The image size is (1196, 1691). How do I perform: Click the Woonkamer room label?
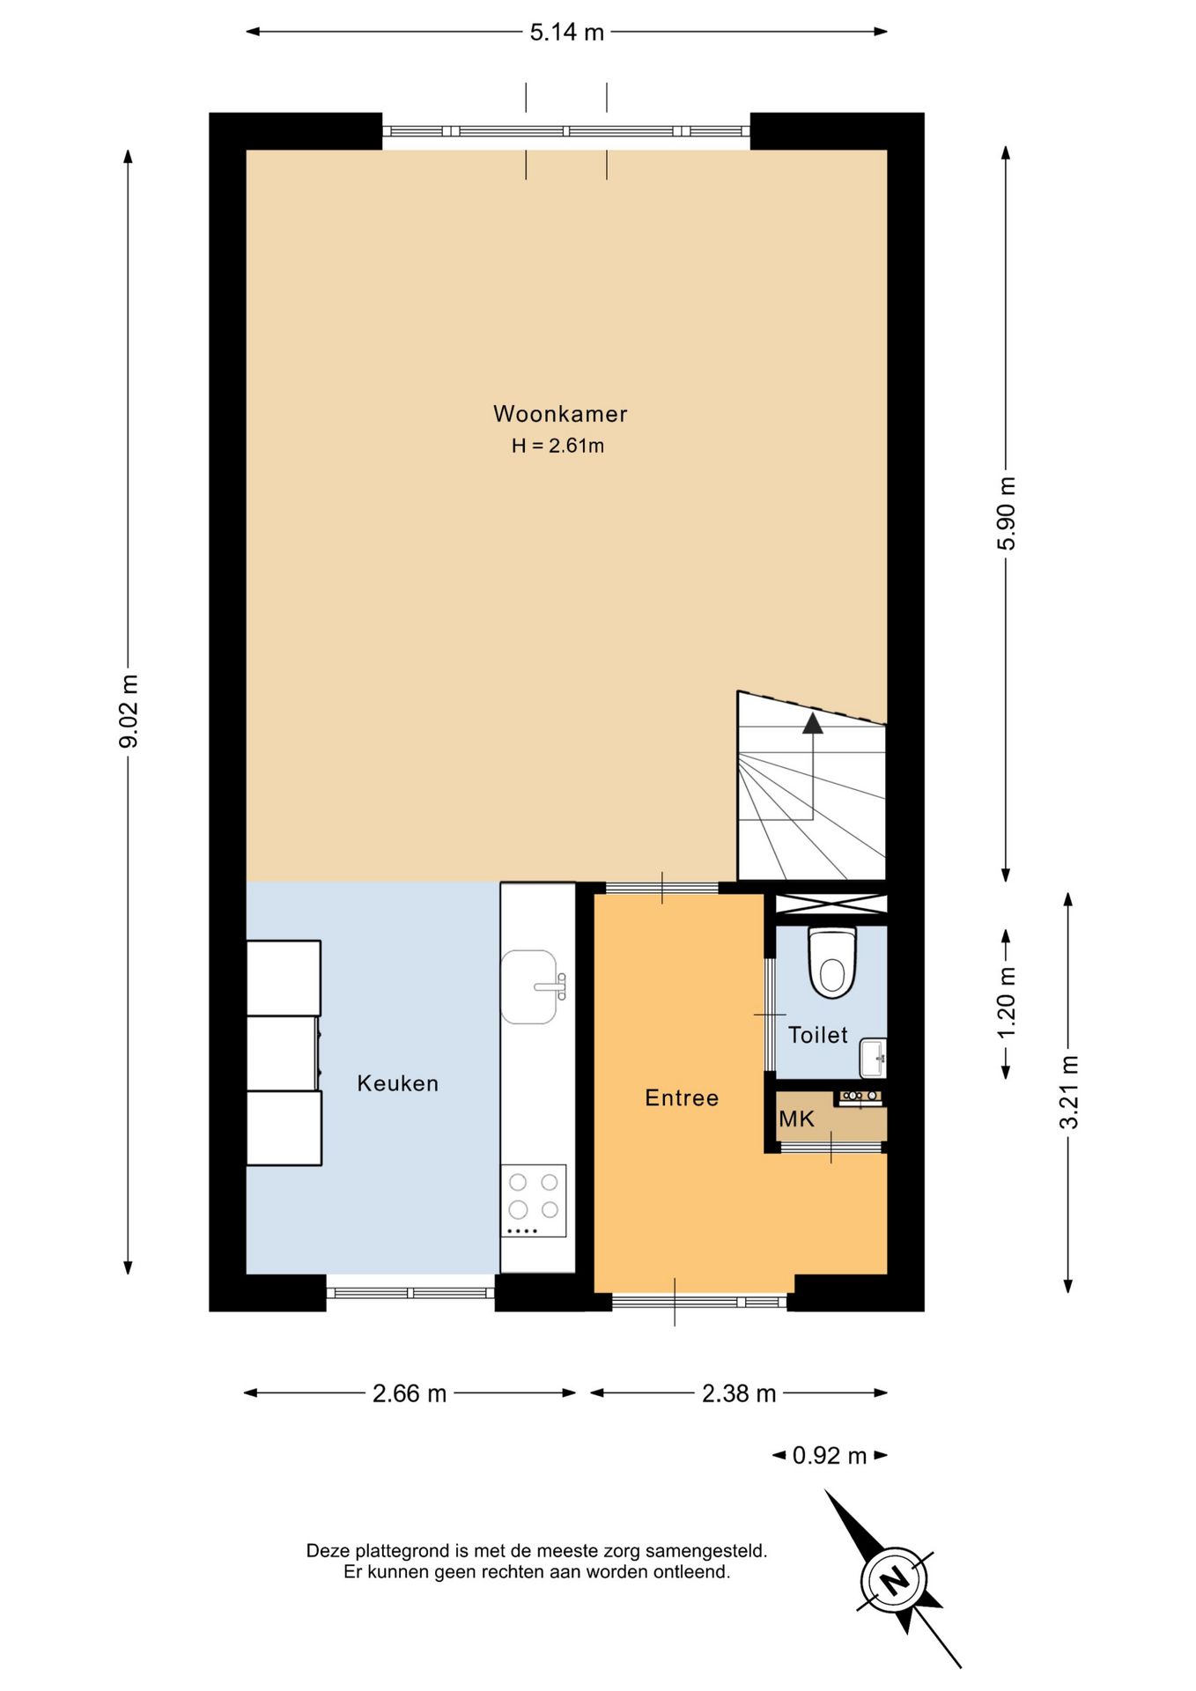[560, 413]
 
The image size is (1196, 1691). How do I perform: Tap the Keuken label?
[397, 1083]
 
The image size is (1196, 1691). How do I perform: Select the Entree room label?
[682, 1097]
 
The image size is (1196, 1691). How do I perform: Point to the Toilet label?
[817, 1035]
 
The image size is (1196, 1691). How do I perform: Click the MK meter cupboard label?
[796, 1119]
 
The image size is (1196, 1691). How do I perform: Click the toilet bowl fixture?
[832, 962]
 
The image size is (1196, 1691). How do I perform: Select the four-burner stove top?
[534, 1200]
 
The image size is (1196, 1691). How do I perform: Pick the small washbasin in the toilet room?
[873, 1059]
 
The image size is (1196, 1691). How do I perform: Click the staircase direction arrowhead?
[812, 723]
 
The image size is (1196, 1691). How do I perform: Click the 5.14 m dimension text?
[567, 33]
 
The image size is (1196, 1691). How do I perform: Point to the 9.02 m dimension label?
[129, 712]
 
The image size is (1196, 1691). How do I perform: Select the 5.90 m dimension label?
[1007, 513]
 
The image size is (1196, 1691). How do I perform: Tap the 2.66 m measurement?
[410, 1393]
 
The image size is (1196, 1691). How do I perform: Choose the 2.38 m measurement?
[739, 1393]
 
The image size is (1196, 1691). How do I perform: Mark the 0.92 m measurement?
[830, 1455]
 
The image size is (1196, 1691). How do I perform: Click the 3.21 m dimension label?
[1068, 1092]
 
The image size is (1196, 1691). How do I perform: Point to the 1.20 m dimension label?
[1007, 1002]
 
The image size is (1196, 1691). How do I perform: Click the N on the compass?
[895, 1581]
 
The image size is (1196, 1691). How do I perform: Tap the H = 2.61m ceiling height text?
[557, 446]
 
